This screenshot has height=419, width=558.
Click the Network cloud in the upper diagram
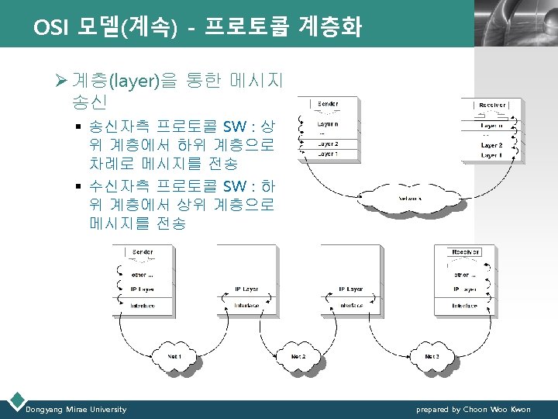pos(410,198)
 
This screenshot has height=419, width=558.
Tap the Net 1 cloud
pos(176,356)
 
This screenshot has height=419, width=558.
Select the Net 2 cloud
pos(298,356)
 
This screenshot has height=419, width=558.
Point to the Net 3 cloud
pos(432,356)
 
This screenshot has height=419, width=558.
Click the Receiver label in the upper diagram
pos(491,105)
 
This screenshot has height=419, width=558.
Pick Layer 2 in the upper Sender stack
pos(328,144)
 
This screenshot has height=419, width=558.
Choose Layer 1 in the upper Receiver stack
pos(491,156)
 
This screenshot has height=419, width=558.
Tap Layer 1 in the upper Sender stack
pos(328,154)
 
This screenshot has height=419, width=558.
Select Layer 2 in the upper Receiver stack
pos(491,145)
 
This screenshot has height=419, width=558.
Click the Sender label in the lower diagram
pos(143,252)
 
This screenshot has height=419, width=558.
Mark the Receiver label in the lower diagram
pos(465,252)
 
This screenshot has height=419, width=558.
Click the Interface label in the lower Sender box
pos(143,306)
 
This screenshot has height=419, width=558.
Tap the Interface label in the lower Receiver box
pos(465,306)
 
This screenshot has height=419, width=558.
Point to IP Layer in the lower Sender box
pos(143,289)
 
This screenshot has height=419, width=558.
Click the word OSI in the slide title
pos(49,29)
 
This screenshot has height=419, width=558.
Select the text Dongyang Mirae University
pos(76,409)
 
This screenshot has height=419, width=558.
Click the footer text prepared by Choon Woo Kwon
pos(474,409)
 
